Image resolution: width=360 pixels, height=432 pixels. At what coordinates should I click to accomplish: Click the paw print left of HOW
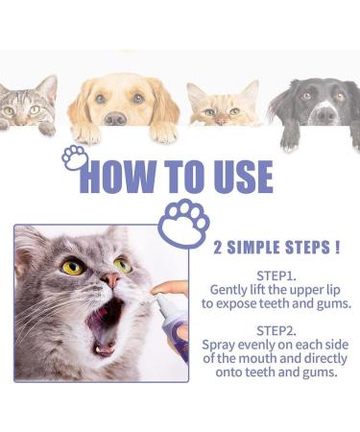[x=75, y=157]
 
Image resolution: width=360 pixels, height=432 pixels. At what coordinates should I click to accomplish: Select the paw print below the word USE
[x=182, y=220]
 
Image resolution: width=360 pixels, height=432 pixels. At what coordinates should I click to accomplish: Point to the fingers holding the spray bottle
[x=173, y=288]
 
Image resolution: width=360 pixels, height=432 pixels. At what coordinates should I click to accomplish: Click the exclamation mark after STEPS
[x=338, y=246]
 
